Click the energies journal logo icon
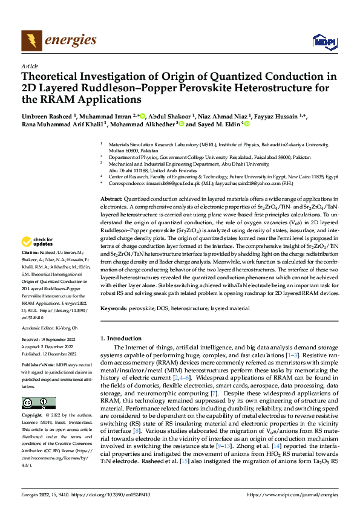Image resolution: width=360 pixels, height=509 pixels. pyautogui.click(x=29, y=41)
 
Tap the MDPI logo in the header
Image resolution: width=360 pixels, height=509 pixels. pyautogui.click(x=322, y=41)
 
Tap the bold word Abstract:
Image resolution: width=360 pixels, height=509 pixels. pyautogui.click(x=112, y=199)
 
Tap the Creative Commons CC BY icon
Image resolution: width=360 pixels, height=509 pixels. pyautogui.click(x=34, y=403)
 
